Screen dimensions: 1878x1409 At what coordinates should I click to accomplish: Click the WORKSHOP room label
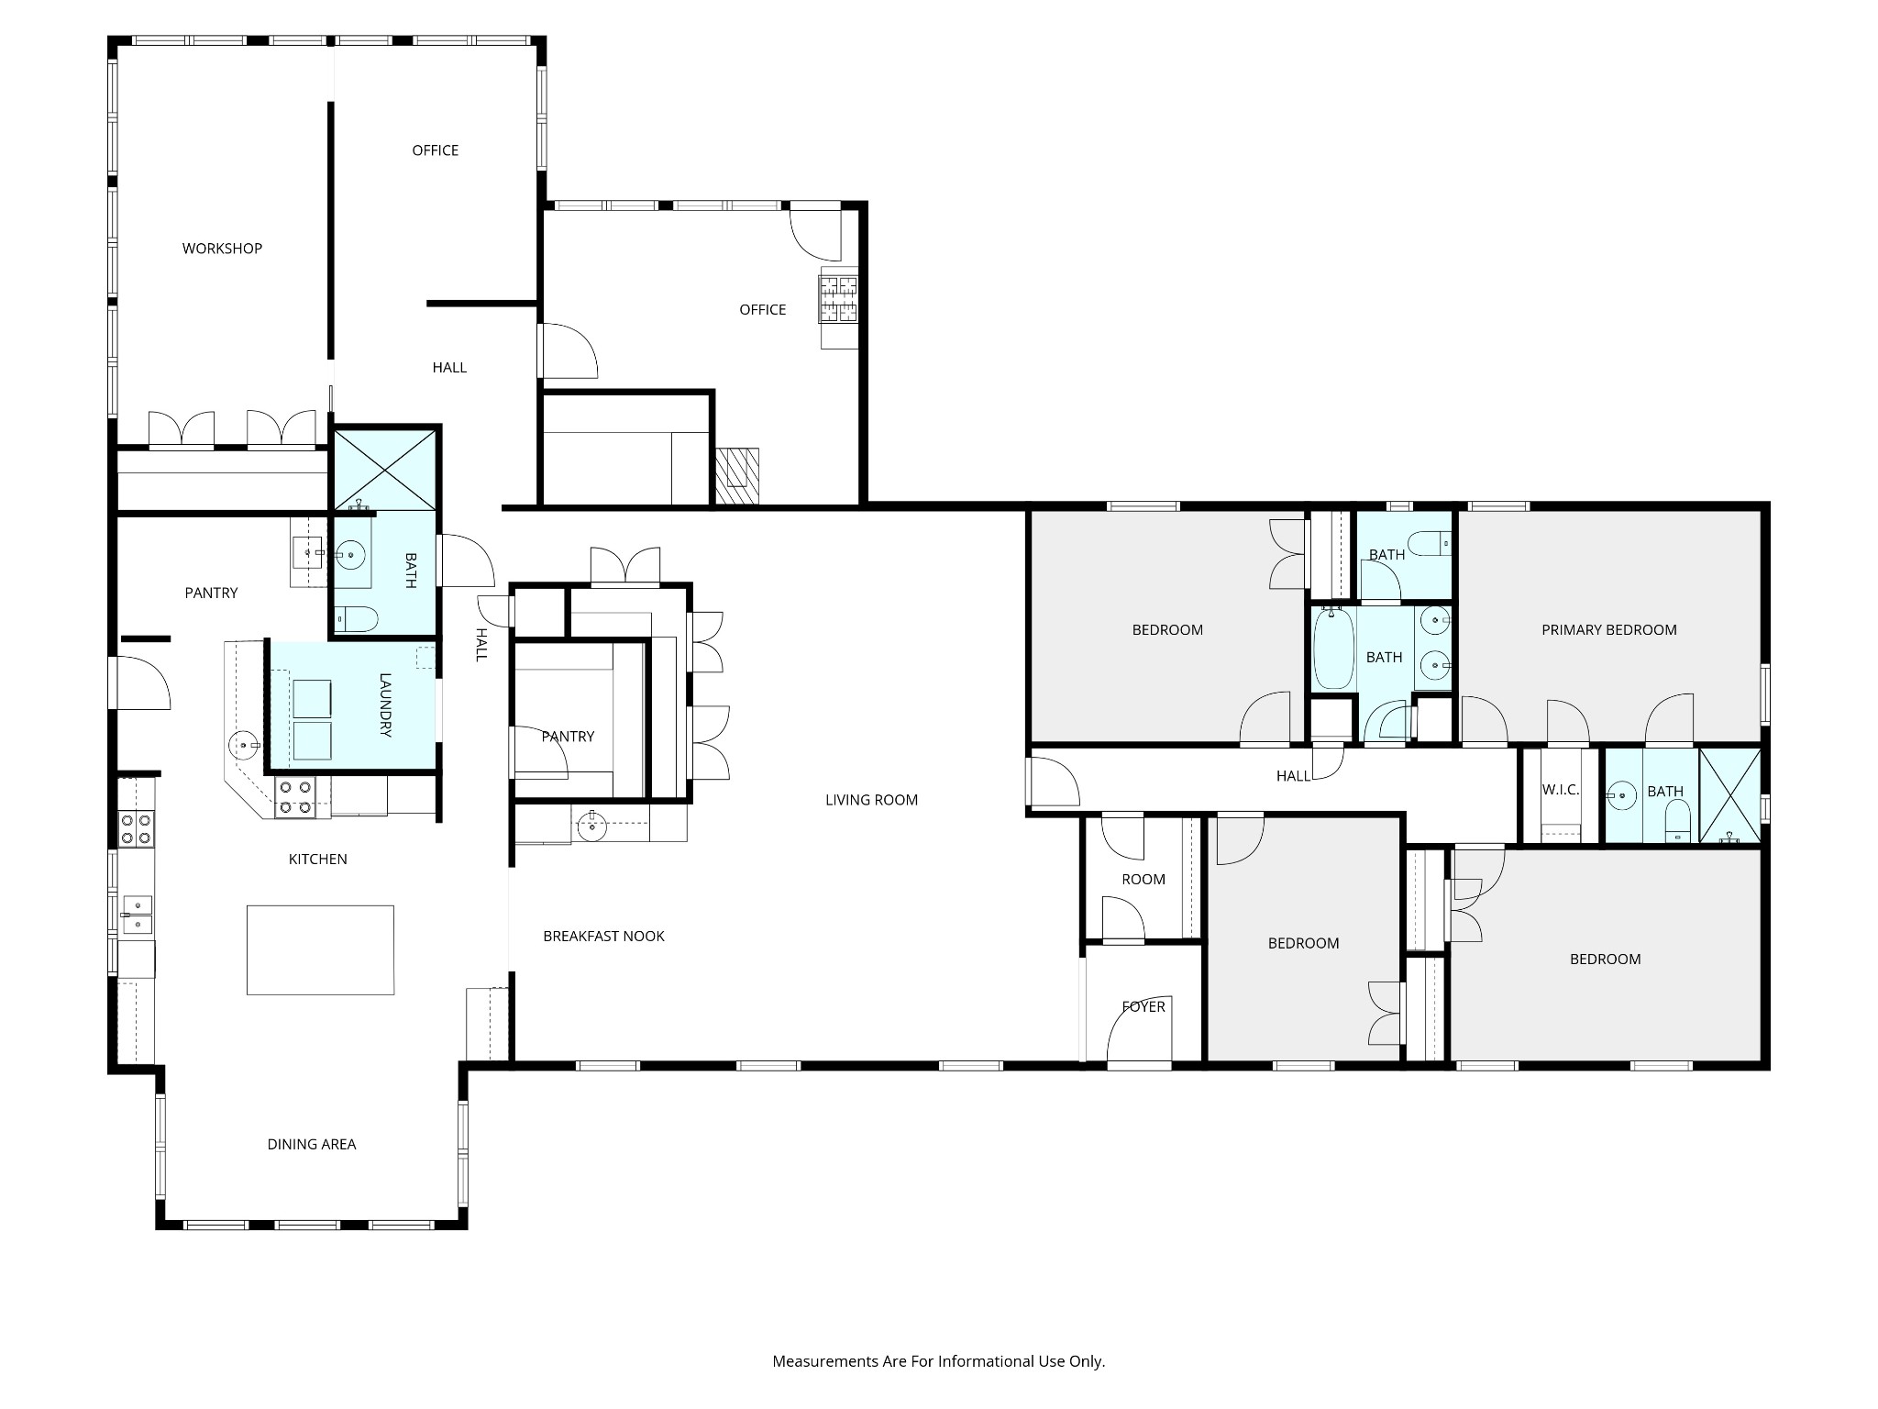(x=222, y=249)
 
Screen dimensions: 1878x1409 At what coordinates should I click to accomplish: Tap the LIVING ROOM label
(x=871, y=800)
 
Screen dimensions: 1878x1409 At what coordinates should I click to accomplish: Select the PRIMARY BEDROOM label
(x=1608, y=630)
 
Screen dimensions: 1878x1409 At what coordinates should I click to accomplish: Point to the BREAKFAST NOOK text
(x=603, y=937)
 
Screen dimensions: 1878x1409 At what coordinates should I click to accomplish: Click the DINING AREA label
(x=312, y=1145)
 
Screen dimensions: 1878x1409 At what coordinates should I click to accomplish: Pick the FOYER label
(x=1143, y=1007)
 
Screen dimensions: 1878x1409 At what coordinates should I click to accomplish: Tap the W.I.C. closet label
(x=1560, y=791)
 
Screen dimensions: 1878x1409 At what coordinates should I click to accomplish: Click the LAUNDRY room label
(x=385, y=705)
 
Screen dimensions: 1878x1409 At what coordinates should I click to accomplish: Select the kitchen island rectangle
(x=320, y=949)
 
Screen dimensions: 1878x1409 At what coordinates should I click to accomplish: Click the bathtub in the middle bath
(x=1333, y=649)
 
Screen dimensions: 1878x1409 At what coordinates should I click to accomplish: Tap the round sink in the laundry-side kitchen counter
(x=244, y=744)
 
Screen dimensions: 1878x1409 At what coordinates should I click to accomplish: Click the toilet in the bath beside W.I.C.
(x=1677, y=821)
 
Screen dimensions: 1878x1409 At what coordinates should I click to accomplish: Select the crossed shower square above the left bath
(x=385, y=469)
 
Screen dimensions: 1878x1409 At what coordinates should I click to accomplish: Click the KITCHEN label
(x=318, y=860)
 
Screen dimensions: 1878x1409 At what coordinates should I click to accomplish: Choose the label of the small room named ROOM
(x=1143, y=880)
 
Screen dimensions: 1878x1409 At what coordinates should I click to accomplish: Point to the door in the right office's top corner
(x=815, y=234)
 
